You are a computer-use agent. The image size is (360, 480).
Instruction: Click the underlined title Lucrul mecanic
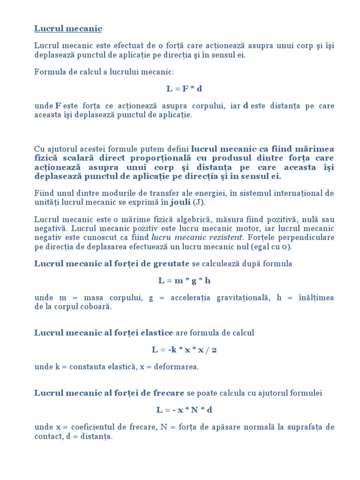tap(68, 29)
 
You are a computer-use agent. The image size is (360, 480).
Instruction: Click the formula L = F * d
tap(184, 89)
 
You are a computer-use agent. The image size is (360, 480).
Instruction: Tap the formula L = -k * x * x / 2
tap(184, 350)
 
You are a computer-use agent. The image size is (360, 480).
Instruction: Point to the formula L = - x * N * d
tap(184, 410)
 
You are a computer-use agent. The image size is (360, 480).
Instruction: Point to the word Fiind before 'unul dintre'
tap(45, 193)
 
